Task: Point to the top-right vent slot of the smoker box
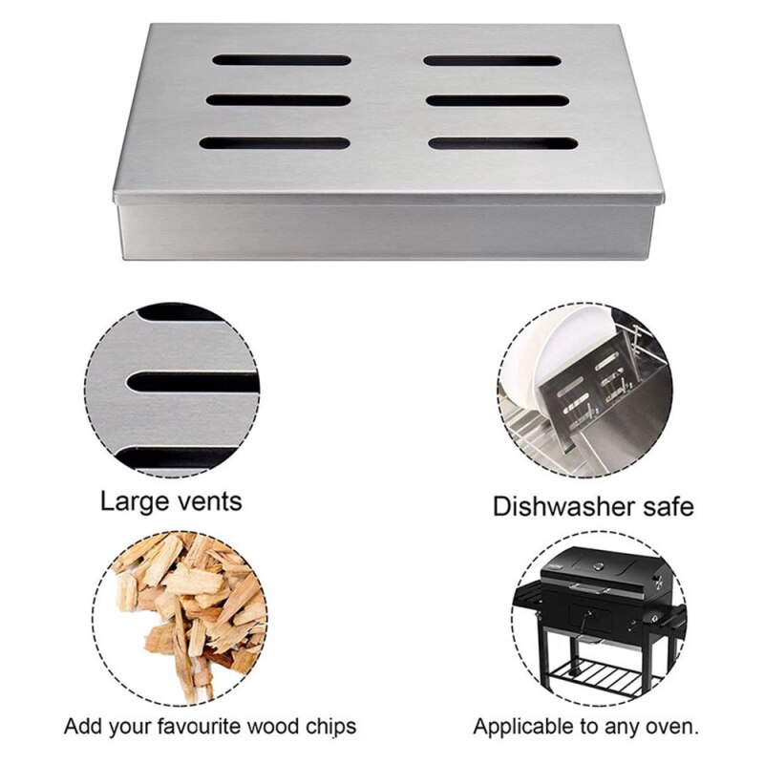[x=493, y=60]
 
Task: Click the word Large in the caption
[x=134, y=501]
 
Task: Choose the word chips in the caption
[x=326, y=726]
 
